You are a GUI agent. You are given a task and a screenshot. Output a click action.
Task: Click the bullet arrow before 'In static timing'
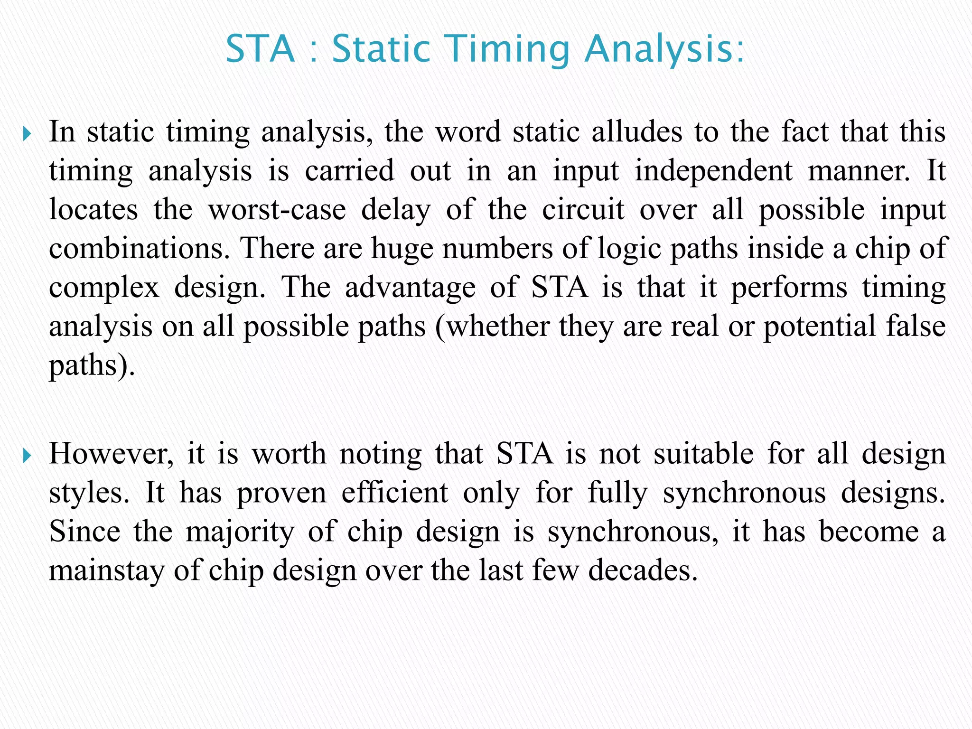(27, 134)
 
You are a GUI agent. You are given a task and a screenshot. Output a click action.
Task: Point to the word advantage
(410, 288)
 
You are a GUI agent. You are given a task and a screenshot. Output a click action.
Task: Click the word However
(111, 454)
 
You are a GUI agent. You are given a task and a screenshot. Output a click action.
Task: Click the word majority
(240, 532)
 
